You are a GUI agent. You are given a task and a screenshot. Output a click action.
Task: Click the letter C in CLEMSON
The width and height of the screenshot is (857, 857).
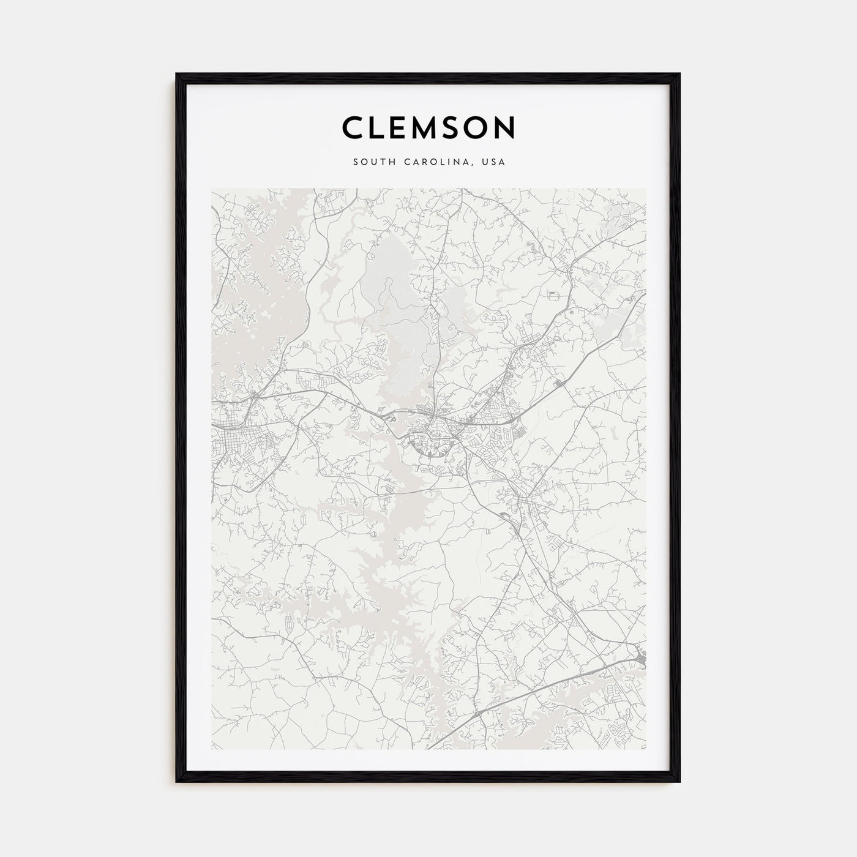354,127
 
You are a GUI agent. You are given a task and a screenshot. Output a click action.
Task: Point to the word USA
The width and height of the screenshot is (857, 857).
493,162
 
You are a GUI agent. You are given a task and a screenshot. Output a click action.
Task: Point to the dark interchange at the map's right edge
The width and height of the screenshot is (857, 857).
640,658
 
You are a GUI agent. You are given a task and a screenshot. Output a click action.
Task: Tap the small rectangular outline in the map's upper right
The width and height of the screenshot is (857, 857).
555,295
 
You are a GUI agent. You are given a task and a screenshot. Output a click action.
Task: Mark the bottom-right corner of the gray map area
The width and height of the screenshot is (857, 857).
645,749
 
